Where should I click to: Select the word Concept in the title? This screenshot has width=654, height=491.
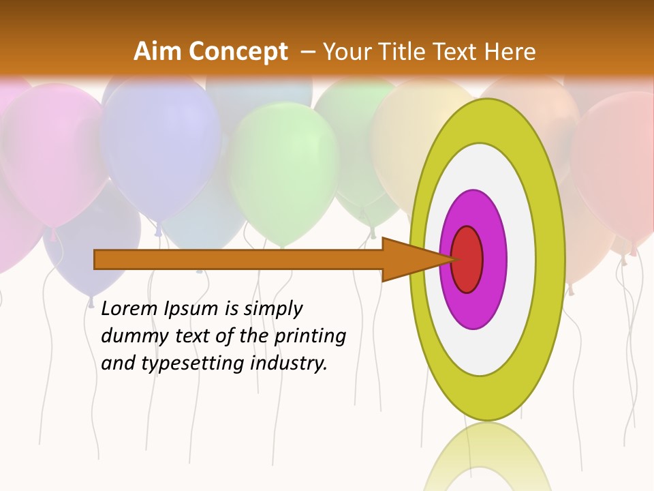238,52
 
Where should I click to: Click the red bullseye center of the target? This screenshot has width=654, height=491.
467,259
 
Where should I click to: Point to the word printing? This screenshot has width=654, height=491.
310,337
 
